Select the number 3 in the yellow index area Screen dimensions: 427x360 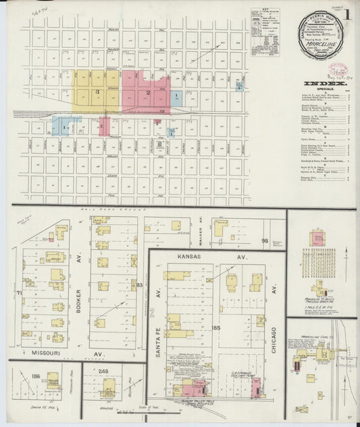click(98, 91)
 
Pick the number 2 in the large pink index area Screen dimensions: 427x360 click(147, 91)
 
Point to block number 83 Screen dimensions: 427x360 click(139, 285)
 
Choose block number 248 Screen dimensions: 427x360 click(103, 372)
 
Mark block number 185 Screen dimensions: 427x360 click(216, 328)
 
